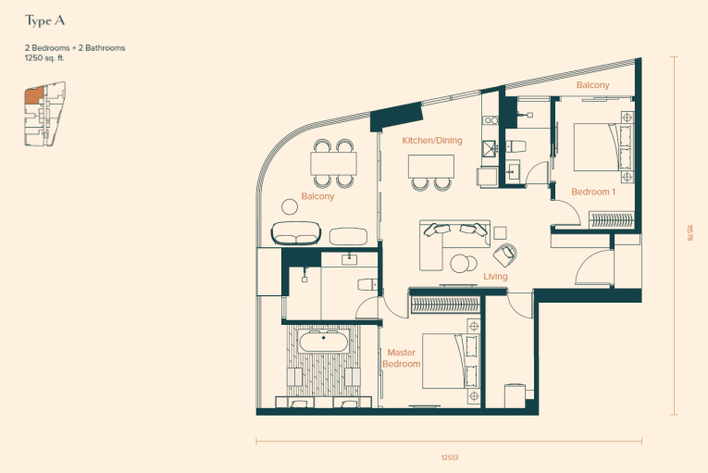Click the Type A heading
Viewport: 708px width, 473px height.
44,20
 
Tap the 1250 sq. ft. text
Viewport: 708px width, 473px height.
44,57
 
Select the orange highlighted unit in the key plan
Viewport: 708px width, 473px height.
34,95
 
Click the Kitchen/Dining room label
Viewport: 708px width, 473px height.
432,141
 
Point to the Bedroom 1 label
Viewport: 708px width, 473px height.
593,192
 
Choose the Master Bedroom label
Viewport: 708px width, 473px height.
402,358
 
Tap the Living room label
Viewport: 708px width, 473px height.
495,276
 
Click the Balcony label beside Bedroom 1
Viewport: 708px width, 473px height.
593,85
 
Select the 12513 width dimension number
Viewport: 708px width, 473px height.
450,457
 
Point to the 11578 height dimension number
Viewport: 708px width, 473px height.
689,232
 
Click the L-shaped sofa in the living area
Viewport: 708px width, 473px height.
454,244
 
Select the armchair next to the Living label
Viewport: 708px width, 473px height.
504,255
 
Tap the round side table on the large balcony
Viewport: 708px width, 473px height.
290,206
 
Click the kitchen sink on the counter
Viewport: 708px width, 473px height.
490,148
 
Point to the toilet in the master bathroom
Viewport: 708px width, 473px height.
368,284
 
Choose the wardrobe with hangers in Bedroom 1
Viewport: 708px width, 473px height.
612,219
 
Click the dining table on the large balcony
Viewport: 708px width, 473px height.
334,164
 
